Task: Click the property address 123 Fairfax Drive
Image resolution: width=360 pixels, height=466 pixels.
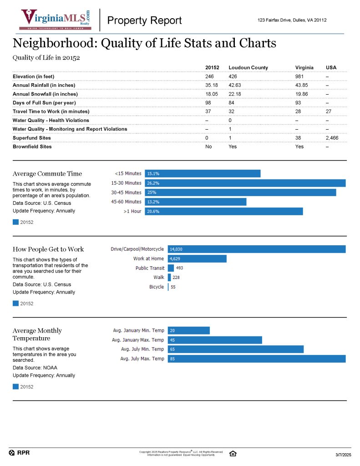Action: (292, 20)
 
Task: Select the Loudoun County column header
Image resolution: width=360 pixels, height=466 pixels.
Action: (248, 67)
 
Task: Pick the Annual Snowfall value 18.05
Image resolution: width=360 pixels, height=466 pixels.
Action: (212, 94)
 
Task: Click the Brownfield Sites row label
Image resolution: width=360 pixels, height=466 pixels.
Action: (32, 147)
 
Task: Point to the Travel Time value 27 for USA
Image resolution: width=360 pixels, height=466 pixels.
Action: (329, 111)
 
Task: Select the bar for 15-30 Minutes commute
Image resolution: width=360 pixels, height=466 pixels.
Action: (245, 183)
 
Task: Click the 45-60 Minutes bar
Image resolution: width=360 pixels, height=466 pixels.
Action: (195, 202)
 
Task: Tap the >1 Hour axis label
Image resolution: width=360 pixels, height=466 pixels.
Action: (132, 211)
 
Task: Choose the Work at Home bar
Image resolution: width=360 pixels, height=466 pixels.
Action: (197, 258)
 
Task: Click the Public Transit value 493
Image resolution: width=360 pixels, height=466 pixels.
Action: (180, 268)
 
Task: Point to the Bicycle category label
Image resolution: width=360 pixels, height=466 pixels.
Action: (157, 287)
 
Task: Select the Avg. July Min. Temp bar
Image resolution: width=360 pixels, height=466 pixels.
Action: (235, 349)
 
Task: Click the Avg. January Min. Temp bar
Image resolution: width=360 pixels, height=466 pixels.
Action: (188, 330)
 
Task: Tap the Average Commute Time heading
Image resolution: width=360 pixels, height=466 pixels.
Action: (47, 173)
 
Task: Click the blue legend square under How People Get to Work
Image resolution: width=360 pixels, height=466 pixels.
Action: (15, 304)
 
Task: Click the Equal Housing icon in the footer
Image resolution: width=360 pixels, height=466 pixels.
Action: (233, 453)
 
